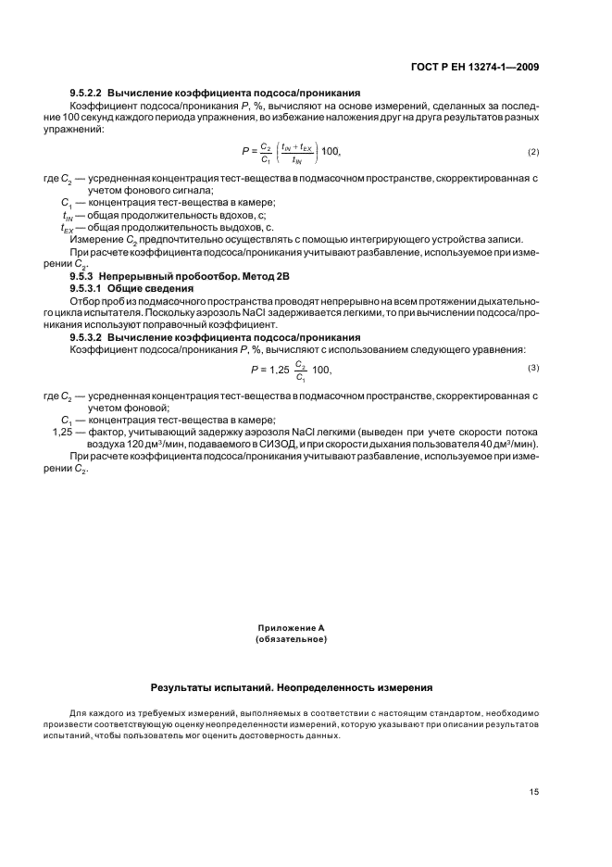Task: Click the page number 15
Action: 534,791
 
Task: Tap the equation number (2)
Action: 533,151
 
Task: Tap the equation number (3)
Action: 533,343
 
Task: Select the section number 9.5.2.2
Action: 87,94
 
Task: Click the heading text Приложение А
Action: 291,628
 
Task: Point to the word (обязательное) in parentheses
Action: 291,639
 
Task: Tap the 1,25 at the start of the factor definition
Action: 64,431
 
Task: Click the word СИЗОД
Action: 254,443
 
